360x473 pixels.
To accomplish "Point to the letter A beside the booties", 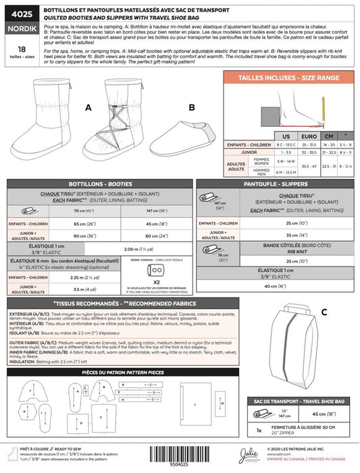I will pyautogui.click(x=88, y=107).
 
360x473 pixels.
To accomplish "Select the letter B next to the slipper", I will pyautogui.click(x=190, y=107).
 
